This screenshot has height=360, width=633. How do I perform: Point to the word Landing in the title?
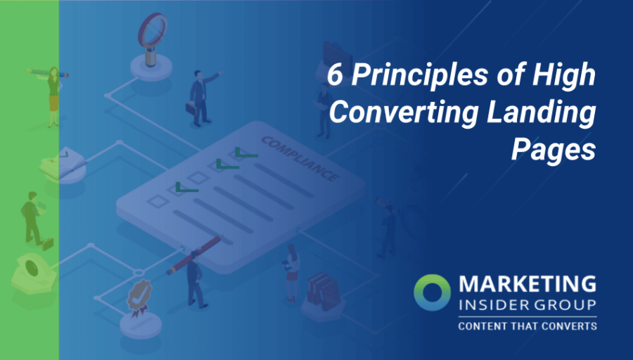point(544,112)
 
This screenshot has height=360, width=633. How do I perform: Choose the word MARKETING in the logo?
point(527,285)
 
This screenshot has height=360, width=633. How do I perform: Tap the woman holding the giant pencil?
point(53,96)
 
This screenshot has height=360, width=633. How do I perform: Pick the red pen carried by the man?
point(193,255)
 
